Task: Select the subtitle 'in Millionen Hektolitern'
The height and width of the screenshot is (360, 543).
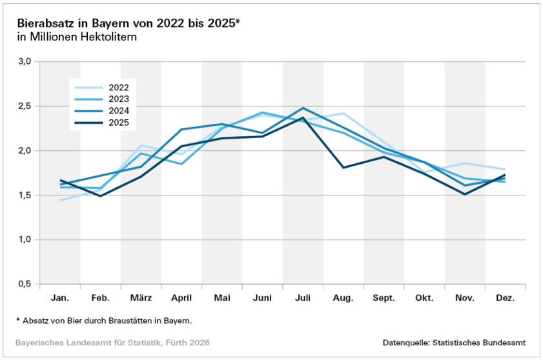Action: pyautogui.click(x=77, y=37)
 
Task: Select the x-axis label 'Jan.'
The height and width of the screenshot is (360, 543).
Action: pyautogui.click(x=60, y=298)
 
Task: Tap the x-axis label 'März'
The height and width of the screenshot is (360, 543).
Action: pyautogui.click(x=141, y=298)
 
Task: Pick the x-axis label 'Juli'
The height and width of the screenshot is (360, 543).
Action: pyautogui.click(x=303, y=298)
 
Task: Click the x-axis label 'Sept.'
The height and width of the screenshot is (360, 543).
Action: pyautogui.click(x=384, y=298)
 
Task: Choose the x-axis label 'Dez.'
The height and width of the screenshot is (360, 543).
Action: pyautogui.click(x=505, y=298)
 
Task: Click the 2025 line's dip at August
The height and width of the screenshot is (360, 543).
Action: pyautogui.click(x=343, y=168)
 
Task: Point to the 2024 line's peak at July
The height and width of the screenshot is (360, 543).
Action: pyautogui.click(x=303, y=108)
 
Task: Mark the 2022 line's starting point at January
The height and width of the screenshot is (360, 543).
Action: pyautogui.click(x=60, y=200)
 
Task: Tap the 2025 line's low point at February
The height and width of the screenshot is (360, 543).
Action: pyautogui.click(x=101, y=195)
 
